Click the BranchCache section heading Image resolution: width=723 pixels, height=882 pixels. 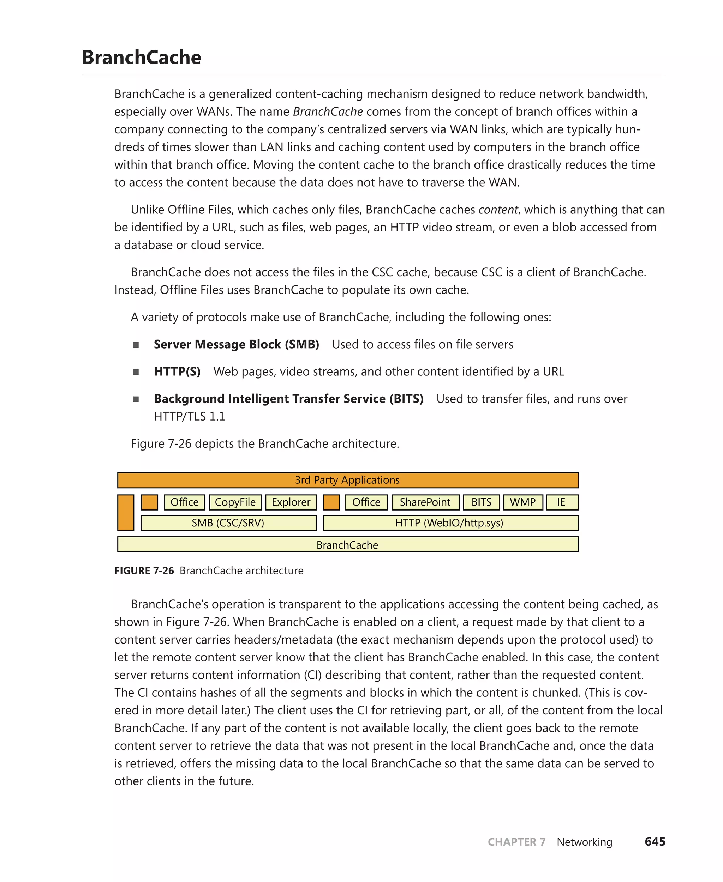click(x=141, y=57)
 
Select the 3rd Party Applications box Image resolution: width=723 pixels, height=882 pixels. click(x=348, y=480)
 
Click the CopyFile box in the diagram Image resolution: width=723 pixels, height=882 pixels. click(x=235, y=502)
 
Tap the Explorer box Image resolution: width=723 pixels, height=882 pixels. click(x=291, y=502)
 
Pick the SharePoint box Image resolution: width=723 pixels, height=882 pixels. click(x=425, y=502)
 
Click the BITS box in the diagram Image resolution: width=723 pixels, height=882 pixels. click(x=482, y=502)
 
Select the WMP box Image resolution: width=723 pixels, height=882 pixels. click(x=523, y=502)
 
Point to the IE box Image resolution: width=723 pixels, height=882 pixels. click(x=561, y=502)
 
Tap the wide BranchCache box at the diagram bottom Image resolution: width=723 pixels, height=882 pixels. click(x=348, y=544)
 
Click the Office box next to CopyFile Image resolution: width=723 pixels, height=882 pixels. click(x=185, y=502)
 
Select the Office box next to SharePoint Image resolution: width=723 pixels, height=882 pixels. click(x=366, y=502)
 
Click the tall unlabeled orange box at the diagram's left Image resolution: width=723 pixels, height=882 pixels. click(x=126, y=512)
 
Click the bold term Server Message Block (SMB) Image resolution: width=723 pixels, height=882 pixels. click(x=236, y=344)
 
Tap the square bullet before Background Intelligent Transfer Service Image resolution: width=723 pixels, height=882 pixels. click(x=136, y=399)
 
